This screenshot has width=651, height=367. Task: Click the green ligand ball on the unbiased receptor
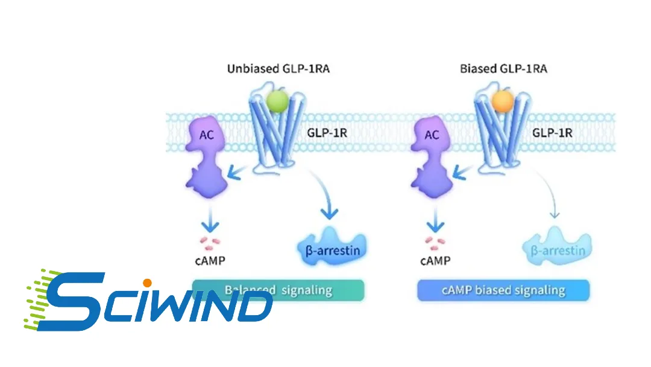click(x=277, y=101)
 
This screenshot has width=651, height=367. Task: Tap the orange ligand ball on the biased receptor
click(x=502, y=101)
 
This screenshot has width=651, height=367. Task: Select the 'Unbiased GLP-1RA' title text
click(x=278, y=68)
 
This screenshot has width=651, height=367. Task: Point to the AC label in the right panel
click(x=432, y=135)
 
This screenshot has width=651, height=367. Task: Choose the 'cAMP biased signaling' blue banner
click(x=503, y=290)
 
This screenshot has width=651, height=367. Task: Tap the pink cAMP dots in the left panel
click(x=210, y=243)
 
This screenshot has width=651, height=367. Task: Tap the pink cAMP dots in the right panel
click(x=434, y=243)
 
